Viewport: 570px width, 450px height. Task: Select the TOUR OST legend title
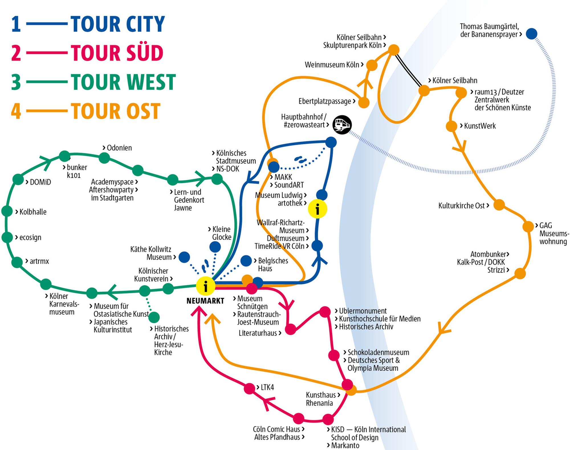115,111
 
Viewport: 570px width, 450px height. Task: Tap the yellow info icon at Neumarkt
205,286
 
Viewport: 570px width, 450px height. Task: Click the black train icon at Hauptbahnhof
342,124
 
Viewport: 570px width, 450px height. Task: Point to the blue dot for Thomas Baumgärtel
532,34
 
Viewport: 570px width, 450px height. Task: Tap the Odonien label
119,148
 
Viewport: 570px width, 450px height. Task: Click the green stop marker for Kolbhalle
7,211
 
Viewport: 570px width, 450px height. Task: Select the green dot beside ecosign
7,237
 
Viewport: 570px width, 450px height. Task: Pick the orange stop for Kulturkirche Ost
499,205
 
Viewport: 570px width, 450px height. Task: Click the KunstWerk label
480,126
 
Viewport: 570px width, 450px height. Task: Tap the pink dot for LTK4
249,388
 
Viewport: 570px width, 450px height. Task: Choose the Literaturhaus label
258,333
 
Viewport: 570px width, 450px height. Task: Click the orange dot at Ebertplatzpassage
364,103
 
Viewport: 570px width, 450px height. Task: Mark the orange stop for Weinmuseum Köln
372,65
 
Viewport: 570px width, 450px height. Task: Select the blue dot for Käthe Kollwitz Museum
184,257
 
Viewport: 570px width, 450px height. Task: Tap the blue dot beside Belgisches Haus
246,261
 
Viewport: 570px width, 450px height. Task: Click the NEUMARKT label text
205,301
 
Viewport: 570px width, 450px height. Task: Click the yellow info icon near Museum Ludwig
317,209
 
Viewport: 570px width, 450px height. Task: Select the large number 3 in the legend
16,82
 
